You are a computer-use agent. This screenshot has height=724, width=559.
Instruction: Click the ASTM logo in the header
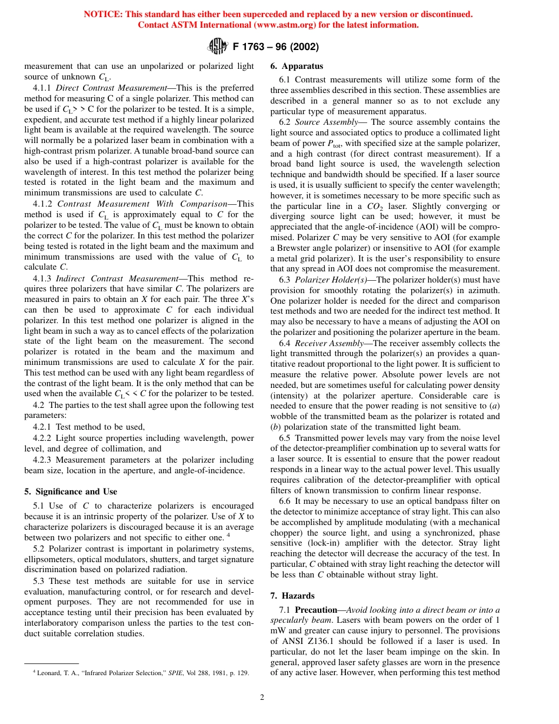point(218,45)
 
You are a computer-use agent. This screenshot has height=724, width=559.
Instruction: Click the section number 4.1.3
point(43,278)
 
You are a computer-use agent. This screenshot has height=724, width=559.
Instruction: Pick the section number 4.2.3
point(42,460)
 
